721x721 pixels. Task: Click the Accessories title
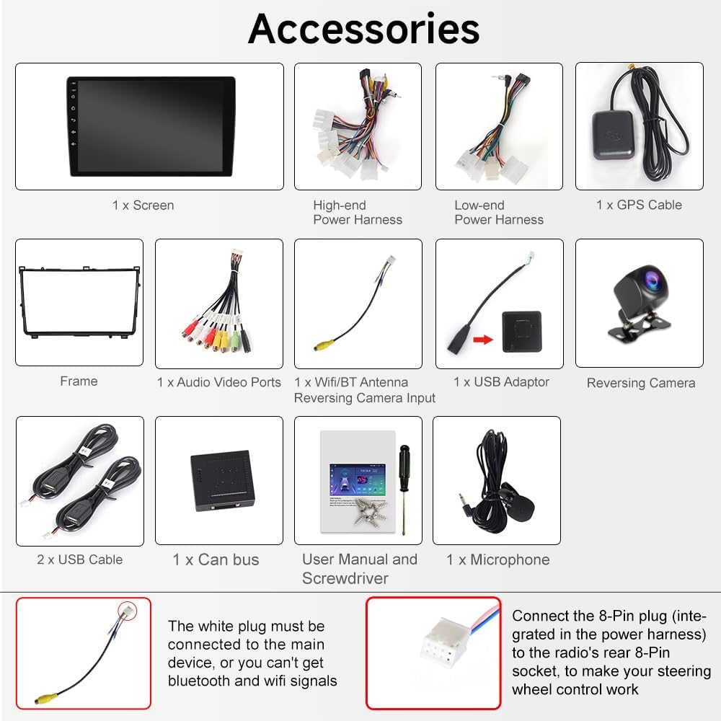pos(363,30)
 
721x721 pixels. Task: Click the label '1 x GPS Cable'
pos(639,205)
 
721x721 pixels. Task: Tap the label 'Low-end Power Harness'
pos(499,212)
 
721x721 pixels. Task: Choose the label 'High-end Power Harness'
pos(358,212)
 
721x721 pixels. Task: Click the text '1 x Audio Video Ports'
pos(219,382)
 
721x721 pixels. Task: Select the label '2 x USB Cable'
pos(80,559)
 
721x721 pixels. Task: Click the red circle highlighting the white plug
pos(128,611)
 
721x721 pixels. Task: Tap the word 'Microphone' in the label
pos(510,559)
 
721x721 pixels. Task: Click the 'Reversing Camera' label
pos(641,383)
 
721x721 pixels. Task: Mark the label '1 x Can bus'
pos(216,559)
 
